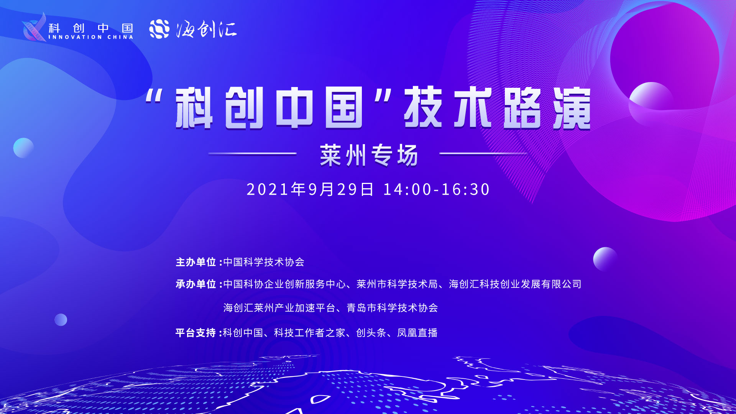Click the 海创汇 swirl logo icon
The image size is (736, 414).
click(159, 29)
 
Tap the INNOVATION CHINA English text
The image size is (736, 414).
click(91, 37)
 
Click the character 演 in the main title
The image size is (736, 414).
click(572, 108)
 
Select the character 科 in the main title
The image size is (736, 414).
click(194, 108)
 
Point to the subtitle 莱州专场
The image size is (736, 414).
click(369, 155)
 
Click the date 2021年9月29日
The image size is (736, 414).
click(310, 189)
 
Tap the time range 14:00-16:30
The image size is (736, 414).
click(436, 189)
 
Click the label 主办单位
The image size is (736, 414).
click(196, 262)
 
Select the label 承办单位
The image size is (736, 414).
click(196, 284)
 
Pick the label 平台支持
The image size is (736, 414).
click(196, 333)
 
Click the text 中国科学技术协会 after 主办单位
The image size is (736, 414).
click(264, 262)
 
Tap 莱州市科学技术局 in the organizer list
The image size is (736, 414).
click(397, 284)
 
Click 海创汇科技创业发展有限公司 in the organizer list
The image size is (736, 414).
click(515, 284)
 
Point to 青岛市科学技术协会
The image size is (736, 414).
click(393, 308)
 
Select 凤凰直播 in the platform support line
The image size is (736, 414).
click(417, 333)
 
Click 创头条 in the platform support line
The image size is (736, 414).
click(371, 333)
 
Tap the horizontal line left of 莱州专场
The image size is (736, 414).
click(253, 153)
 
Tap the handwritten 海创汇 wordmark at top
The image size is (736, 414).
click(207, 29)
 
